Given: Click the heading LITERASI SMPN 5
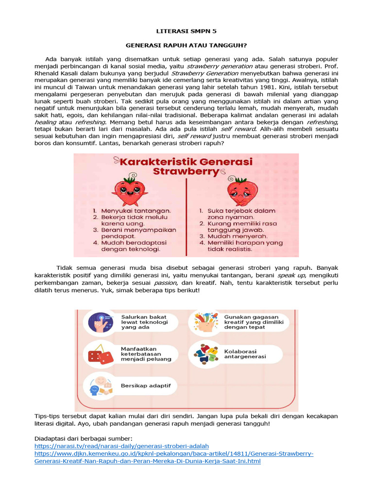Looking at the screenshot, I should pyautogui.click(x=186, y=31).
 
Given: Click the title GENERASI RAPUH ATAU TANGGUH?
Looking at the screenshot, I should pyautogui.click(x=186, y=45).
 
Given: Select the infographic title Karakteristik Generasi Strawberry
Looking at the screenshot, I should pyautogui.click(x=187, y=166).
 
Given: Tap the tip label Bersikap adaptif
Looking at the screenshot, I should pyautogui.click(x=142, y=386).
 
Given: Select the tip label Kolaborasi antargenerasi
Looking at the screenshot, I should pyautogui.click(x=245, y=354).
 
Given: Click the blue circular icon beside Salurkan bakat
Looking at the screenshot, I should pyautogui.click(x=100, y=322).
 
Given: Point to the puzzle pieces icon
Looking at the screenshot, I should pyautogui.click(x=206, y=353).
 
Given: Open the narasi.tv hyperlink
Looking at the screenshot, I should pyautogui.click(x=121, y=446).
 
